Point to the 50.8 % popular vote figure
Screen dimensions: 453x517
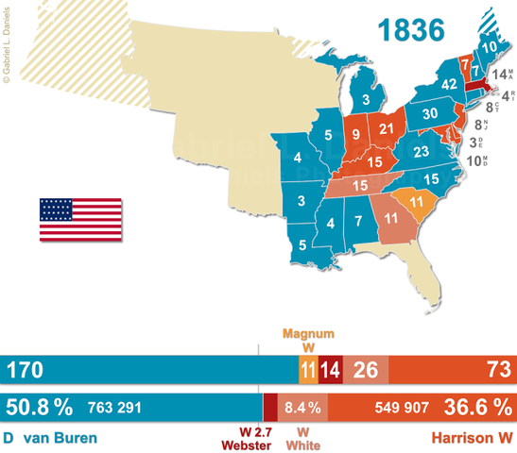coord(40,408)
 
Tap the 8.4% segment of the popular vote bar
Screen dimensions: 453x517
coord(302,408)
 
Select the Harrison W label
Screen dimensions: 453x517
coord(473,440)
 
